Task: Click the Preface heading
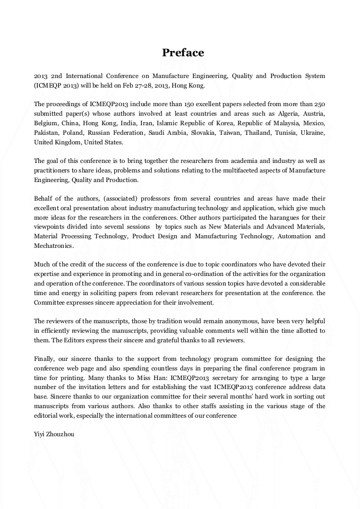coord(183,53)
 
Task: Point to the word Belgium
coord(46,123)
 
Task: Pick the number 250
coord(318,104)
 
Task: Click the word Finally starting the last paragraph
coord(45,359)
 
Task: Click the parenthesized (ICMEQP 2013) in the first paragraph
coord(55,85)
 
